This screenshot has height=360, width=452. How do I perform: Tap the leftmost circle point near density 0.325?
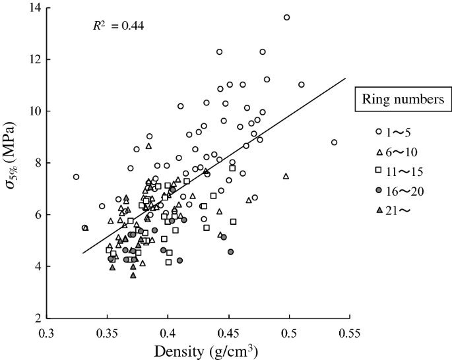click(76, 177)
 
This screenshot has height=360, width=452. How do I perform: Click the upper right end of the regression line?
click(345, 78)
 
